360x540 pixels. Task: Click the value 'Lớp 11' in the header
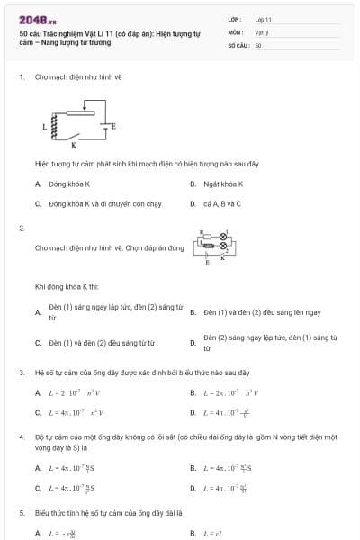[263, 18]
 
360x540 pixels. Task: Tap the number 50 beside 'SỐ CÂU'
[258, 44]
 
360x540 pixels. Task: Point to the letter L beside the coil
[43, 129]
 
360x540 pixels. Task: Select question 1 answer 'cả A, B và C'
[221, 203]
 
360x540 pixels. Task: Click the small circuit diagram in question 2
[213, 246]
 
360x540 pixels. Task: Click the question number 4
[22, 436]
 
